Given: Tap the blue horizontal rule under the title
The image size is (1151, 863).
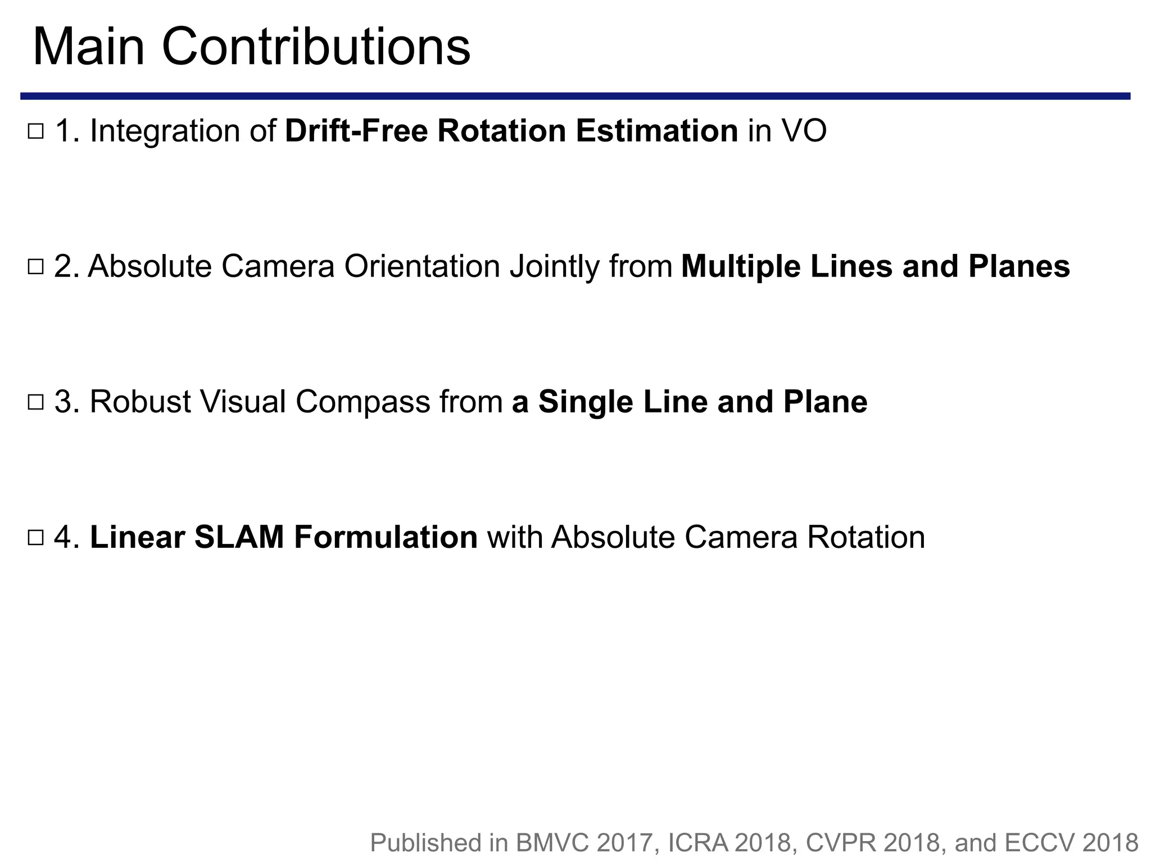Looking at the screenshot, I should (575, 96).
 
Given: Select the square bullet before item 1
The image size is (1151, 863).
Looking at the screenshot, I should (35, 132).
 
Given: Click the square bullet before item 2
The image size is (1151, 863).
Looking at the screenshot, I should (35, 267).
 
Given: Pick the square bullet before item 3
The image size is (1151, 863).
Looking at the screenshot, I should (35, 402).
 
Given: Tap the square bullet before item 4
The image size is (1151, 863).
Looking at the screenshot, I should (35, 538).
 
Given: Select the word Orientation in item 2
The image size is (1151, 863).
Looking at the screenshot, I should (422, 266).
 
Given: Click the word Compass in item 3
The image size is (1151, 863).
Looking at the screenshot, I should (362, 403).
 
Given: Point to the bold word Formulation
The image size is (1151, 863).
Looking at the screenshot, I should (386, 537).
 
